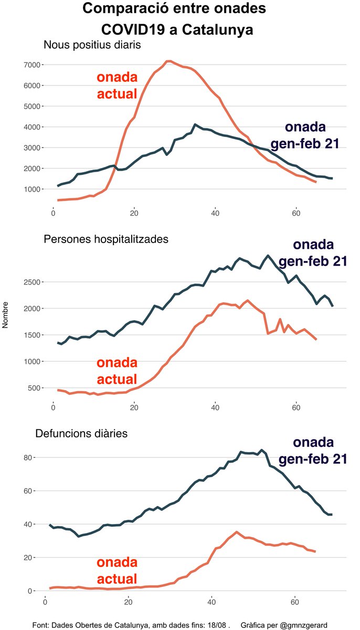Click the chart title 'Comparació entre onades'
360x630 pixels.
click(174, 9)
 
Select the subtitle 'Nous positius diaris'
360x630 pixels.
click(92, 45)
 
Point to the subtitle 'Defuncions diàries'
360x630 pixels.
click(81, 434)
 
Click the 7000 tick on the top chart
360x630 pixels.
click(33, 65)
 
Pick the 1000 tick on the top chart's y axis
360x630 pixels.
click(33, 189)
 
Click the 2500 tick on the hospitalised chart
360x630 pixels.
click(33, 282)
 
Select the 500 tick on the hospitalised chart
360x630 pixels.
click(34, 388)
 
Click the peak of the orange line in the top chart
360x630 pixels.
click(168, 61)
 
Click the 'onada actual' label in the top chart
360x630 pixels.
click(117, 85)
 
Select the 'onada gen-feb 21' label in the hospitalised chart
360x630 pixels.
click(313, 253)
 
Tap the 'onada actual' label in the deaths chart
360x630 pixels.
click(117, 571)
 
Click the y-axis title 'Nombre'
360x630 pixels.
click(6, 315)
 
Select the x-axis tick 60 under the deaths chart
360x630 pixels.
click(295, 600)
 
